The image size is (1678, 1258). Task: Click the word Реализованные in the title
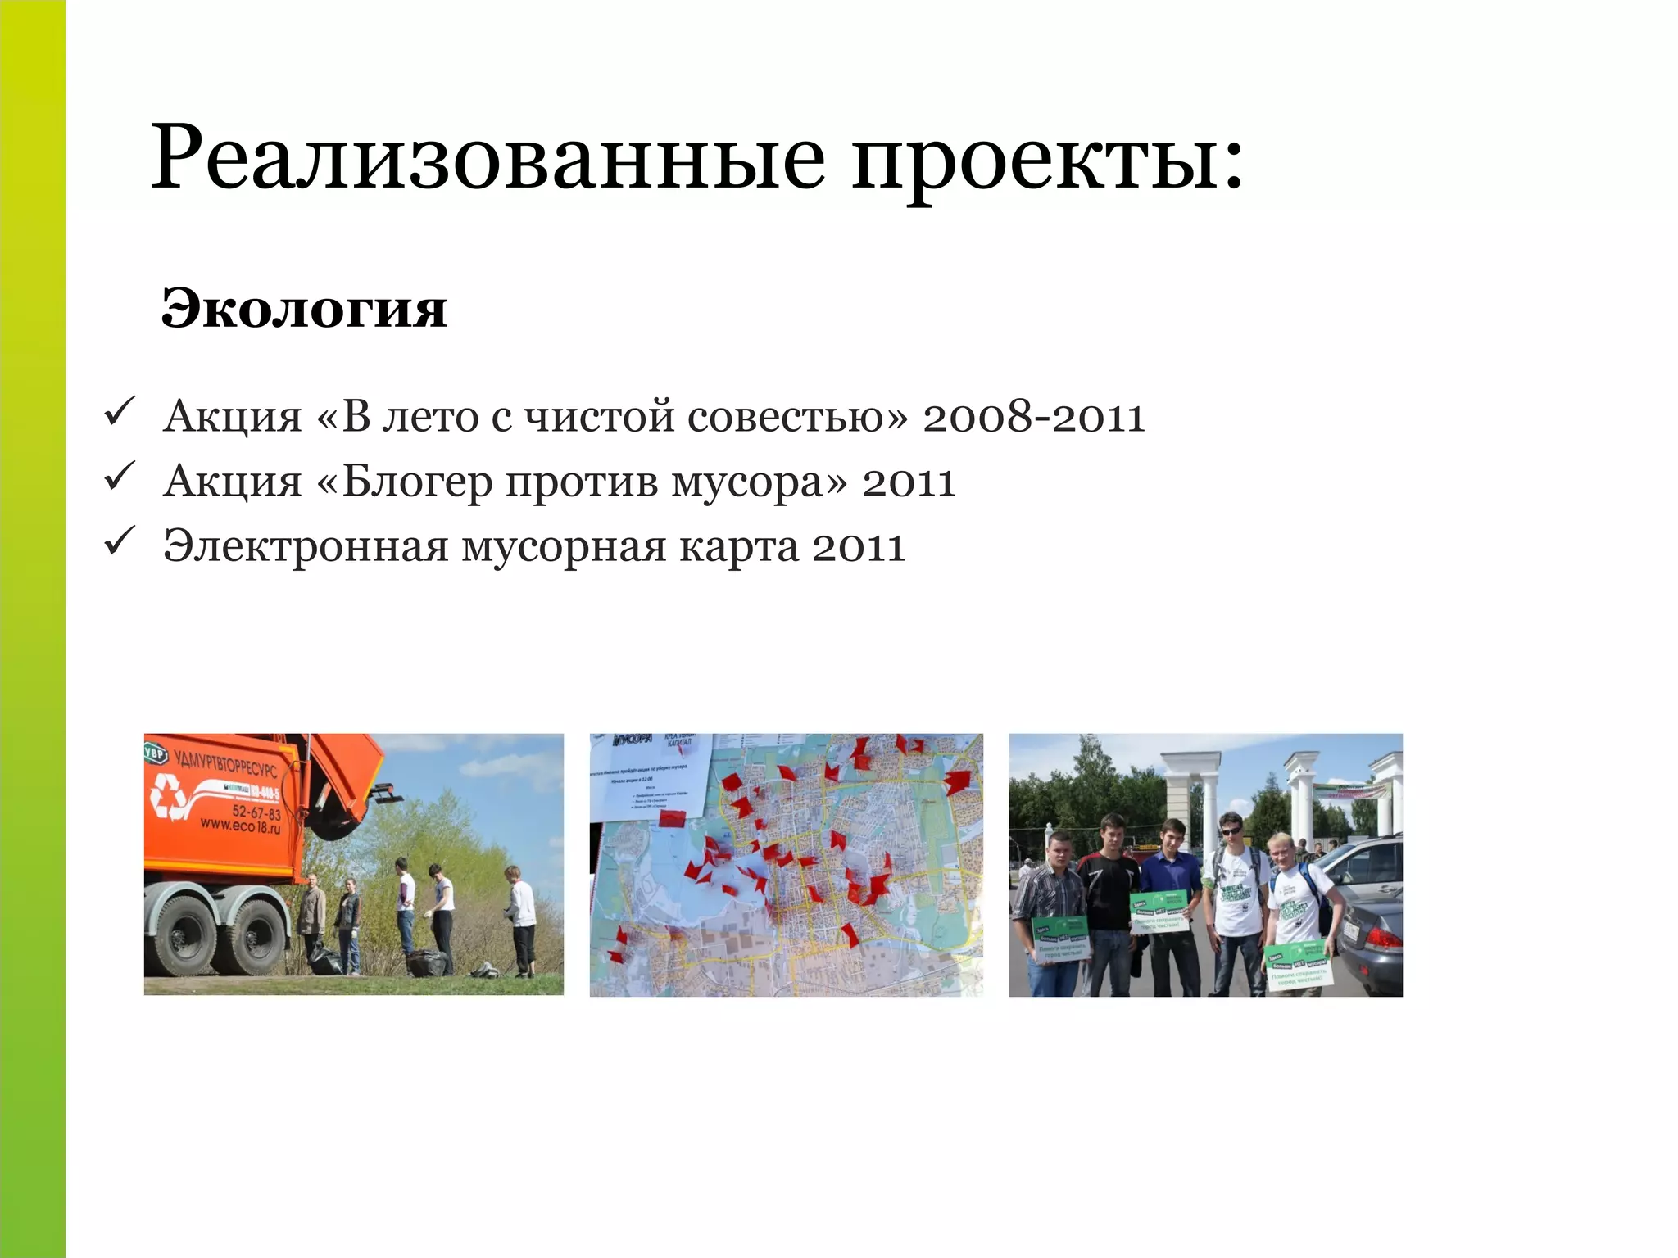pos(488,157)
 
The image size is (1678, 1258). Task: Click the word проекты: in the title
pos(1047,160)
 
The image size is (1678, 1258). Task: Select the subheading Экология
pos(304,309)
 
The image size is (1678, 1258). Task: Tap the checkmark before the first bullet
pos(120,412)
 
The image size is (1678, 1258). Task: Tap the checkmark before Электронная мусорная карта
pos(120,542)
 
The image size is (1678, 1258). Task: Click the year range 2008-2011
pos(1032,417)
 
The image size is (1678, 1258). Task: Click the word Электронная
pos(305,546)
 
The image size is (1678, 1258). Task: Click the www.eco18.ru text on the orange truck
pos(241,827)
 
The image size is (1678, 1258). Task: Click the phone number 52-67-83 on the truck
pos(256,812)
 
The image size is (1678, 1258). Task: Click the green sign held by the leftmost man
pos(1060,939)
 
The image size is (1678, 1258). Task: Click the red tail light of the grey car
pos(1383,937)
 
